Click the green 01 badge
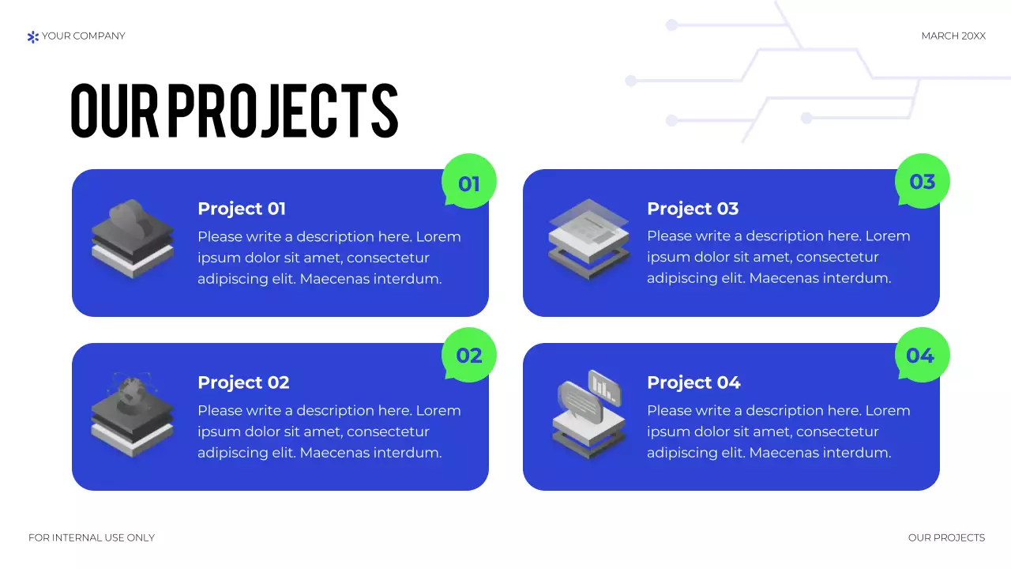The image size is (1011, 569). pos(469,181)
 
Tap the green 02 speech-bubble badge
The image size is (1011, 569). pos(469,355)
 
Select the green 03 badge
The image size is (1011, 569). pos(922,181)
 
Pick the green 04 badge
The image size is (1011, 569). pos(921,355)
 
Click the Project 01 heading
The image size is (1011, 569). pos(242,209)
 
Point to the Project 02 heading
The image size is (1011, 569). pos(243,382)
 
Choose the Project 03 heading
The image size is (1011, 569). pos(693,209)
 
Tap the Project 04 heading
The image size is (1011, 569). pos(693,382)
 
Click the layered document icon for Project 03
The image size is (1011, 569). pos(588,238)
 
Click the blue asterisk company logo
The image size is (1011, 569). pos(32,36)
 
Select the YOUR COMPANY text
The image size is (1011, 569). pos(84,36)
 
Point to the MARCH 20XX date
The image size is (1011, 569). pos(953,36)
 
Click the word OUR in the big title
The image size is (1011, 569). pos(115,111)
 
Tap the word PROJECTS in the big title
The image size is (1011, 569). pos(282,111)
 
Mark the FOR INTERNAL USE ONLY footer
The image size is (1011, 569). pos(92,537)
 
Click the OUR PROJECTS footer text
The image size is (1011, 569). pos(946,537)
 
